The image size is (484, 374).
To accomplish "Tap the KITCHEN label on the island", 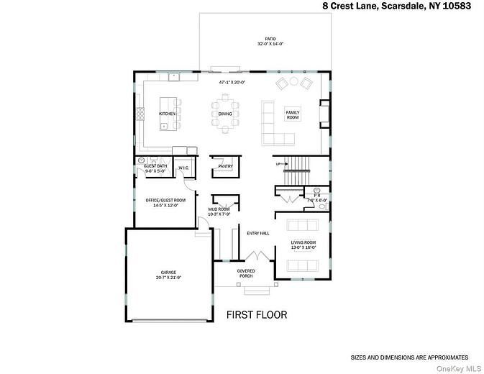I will [167, 114].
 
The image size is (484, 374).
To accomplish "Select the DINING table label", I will [225, 114].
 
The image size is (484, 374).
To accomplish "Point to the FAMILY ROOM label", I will [292, 114].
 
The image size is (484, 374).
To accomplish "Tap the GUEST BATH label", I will [150, 166].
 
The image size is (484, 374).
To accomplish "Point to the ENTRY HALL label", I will [257, 233].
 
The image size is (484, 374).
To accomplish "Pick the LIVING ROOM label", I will [303, 242].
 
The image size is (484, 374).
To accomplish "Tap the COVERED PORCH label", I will [246, 273].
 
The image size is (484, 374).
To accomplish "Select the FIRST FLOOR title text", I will [257, 315].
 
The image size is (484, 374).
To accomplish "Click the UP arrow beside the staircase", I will [278, 164].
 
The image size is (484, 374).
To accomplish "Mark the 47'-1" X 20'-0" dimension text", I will [232, 82].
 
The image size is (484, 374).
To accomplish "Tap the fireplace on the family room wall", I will [325, 114].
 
